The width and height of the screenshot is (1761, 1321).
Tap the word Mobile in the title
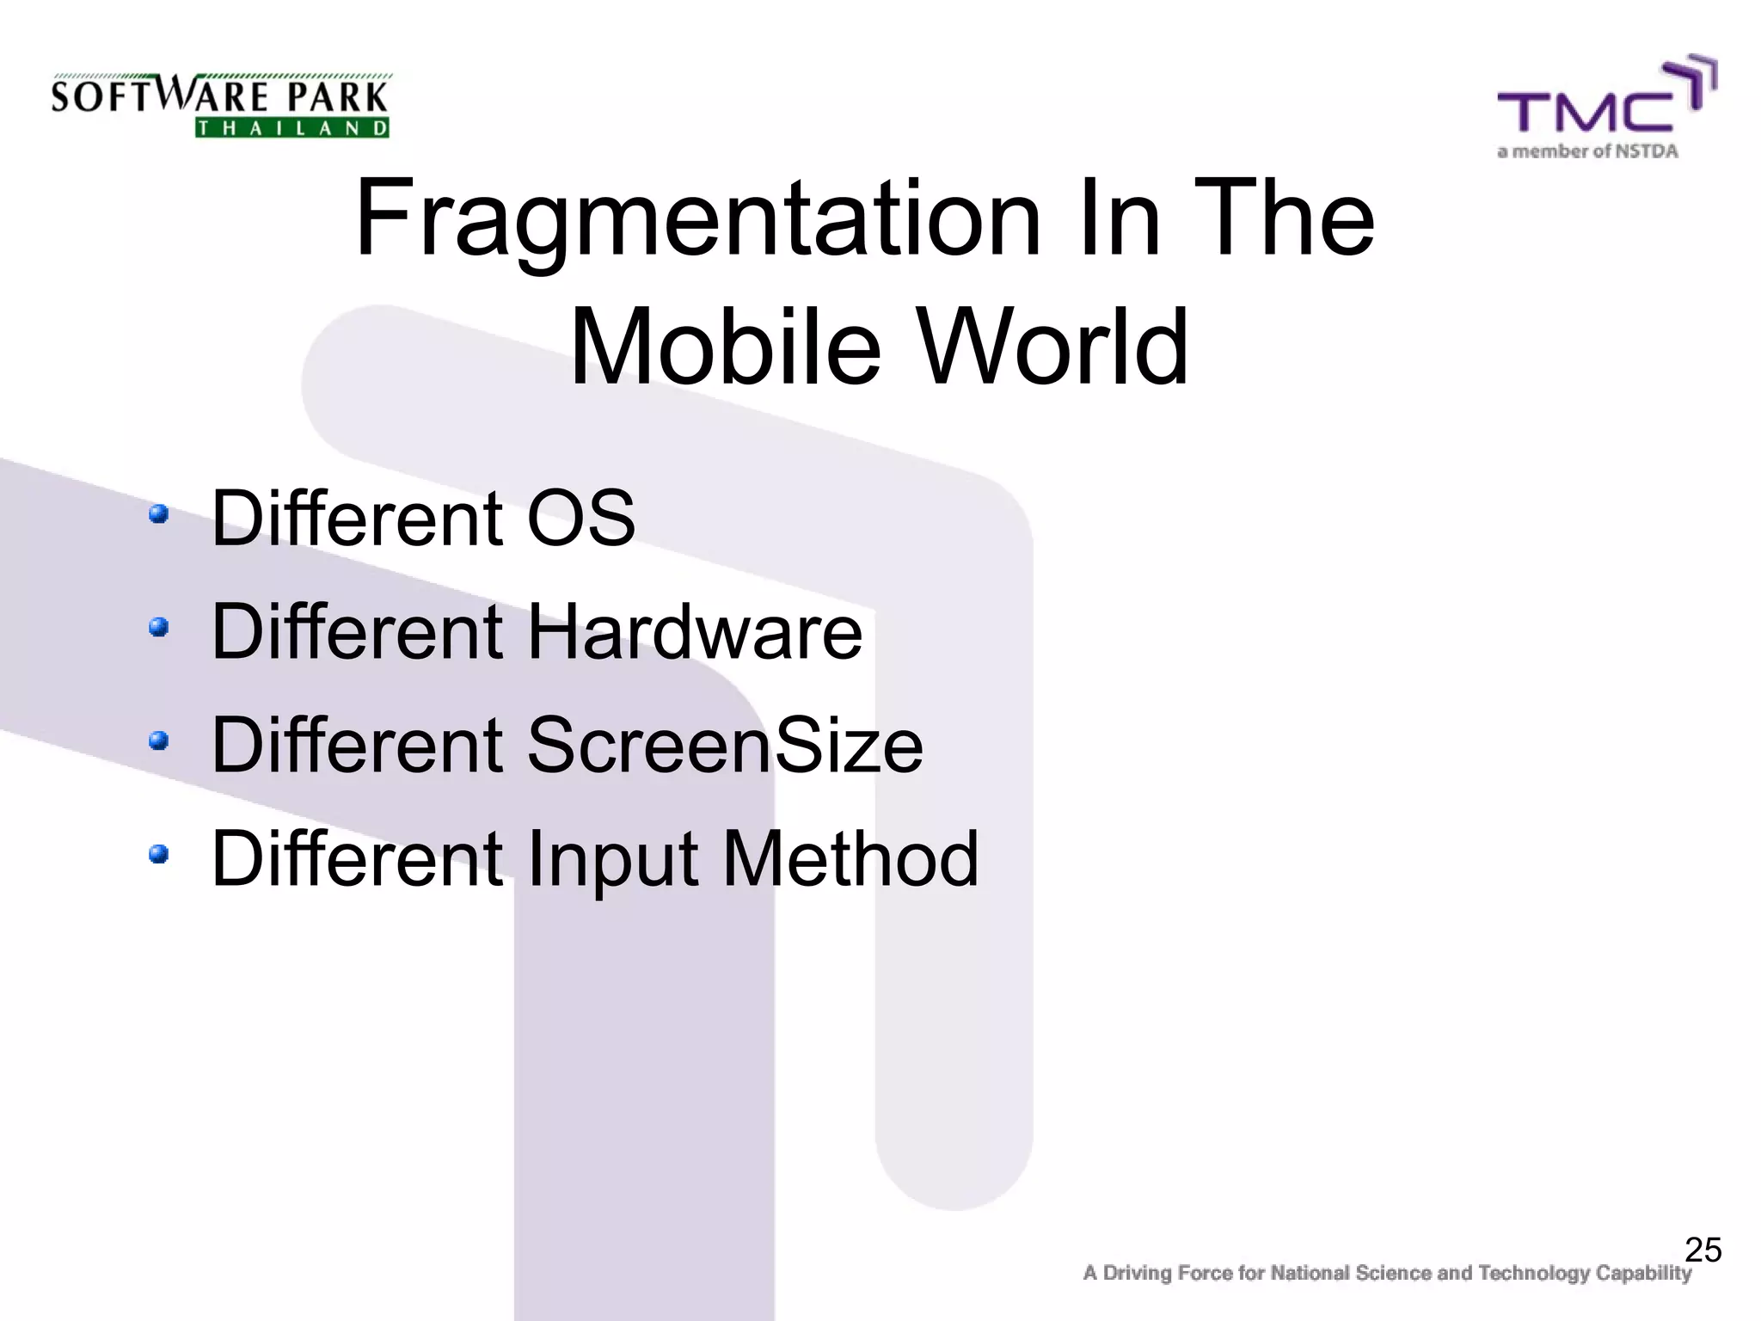725,347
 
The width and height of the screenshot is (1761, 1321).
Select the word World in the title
1054,347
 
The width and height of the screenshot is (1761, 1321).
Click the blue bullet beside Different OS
158,514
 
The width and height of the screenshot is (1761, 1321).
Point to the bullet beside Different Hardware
158,628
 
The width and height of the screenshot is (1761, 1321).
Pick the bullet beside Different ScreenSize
158,740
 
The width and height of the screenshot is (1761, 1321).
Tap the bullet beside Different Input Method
158,854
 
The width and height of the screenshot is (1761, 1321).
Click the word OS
580,518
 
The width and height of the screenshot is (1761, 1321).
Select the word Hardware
694,631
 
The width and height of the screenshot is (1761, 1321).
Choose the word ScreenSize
724,745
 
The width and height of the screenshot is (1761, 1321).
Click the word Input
611,860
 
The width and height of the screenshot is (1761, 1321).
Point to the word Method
850,858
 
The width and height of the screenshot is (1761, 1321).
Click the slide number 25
1703,1250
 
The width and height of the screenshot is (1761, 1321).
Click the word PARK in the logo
338,97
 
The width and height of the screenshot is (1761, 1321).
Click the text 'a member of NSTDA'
1587,152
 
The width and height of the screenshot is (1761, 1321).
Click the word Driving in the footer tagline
1140,1274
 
